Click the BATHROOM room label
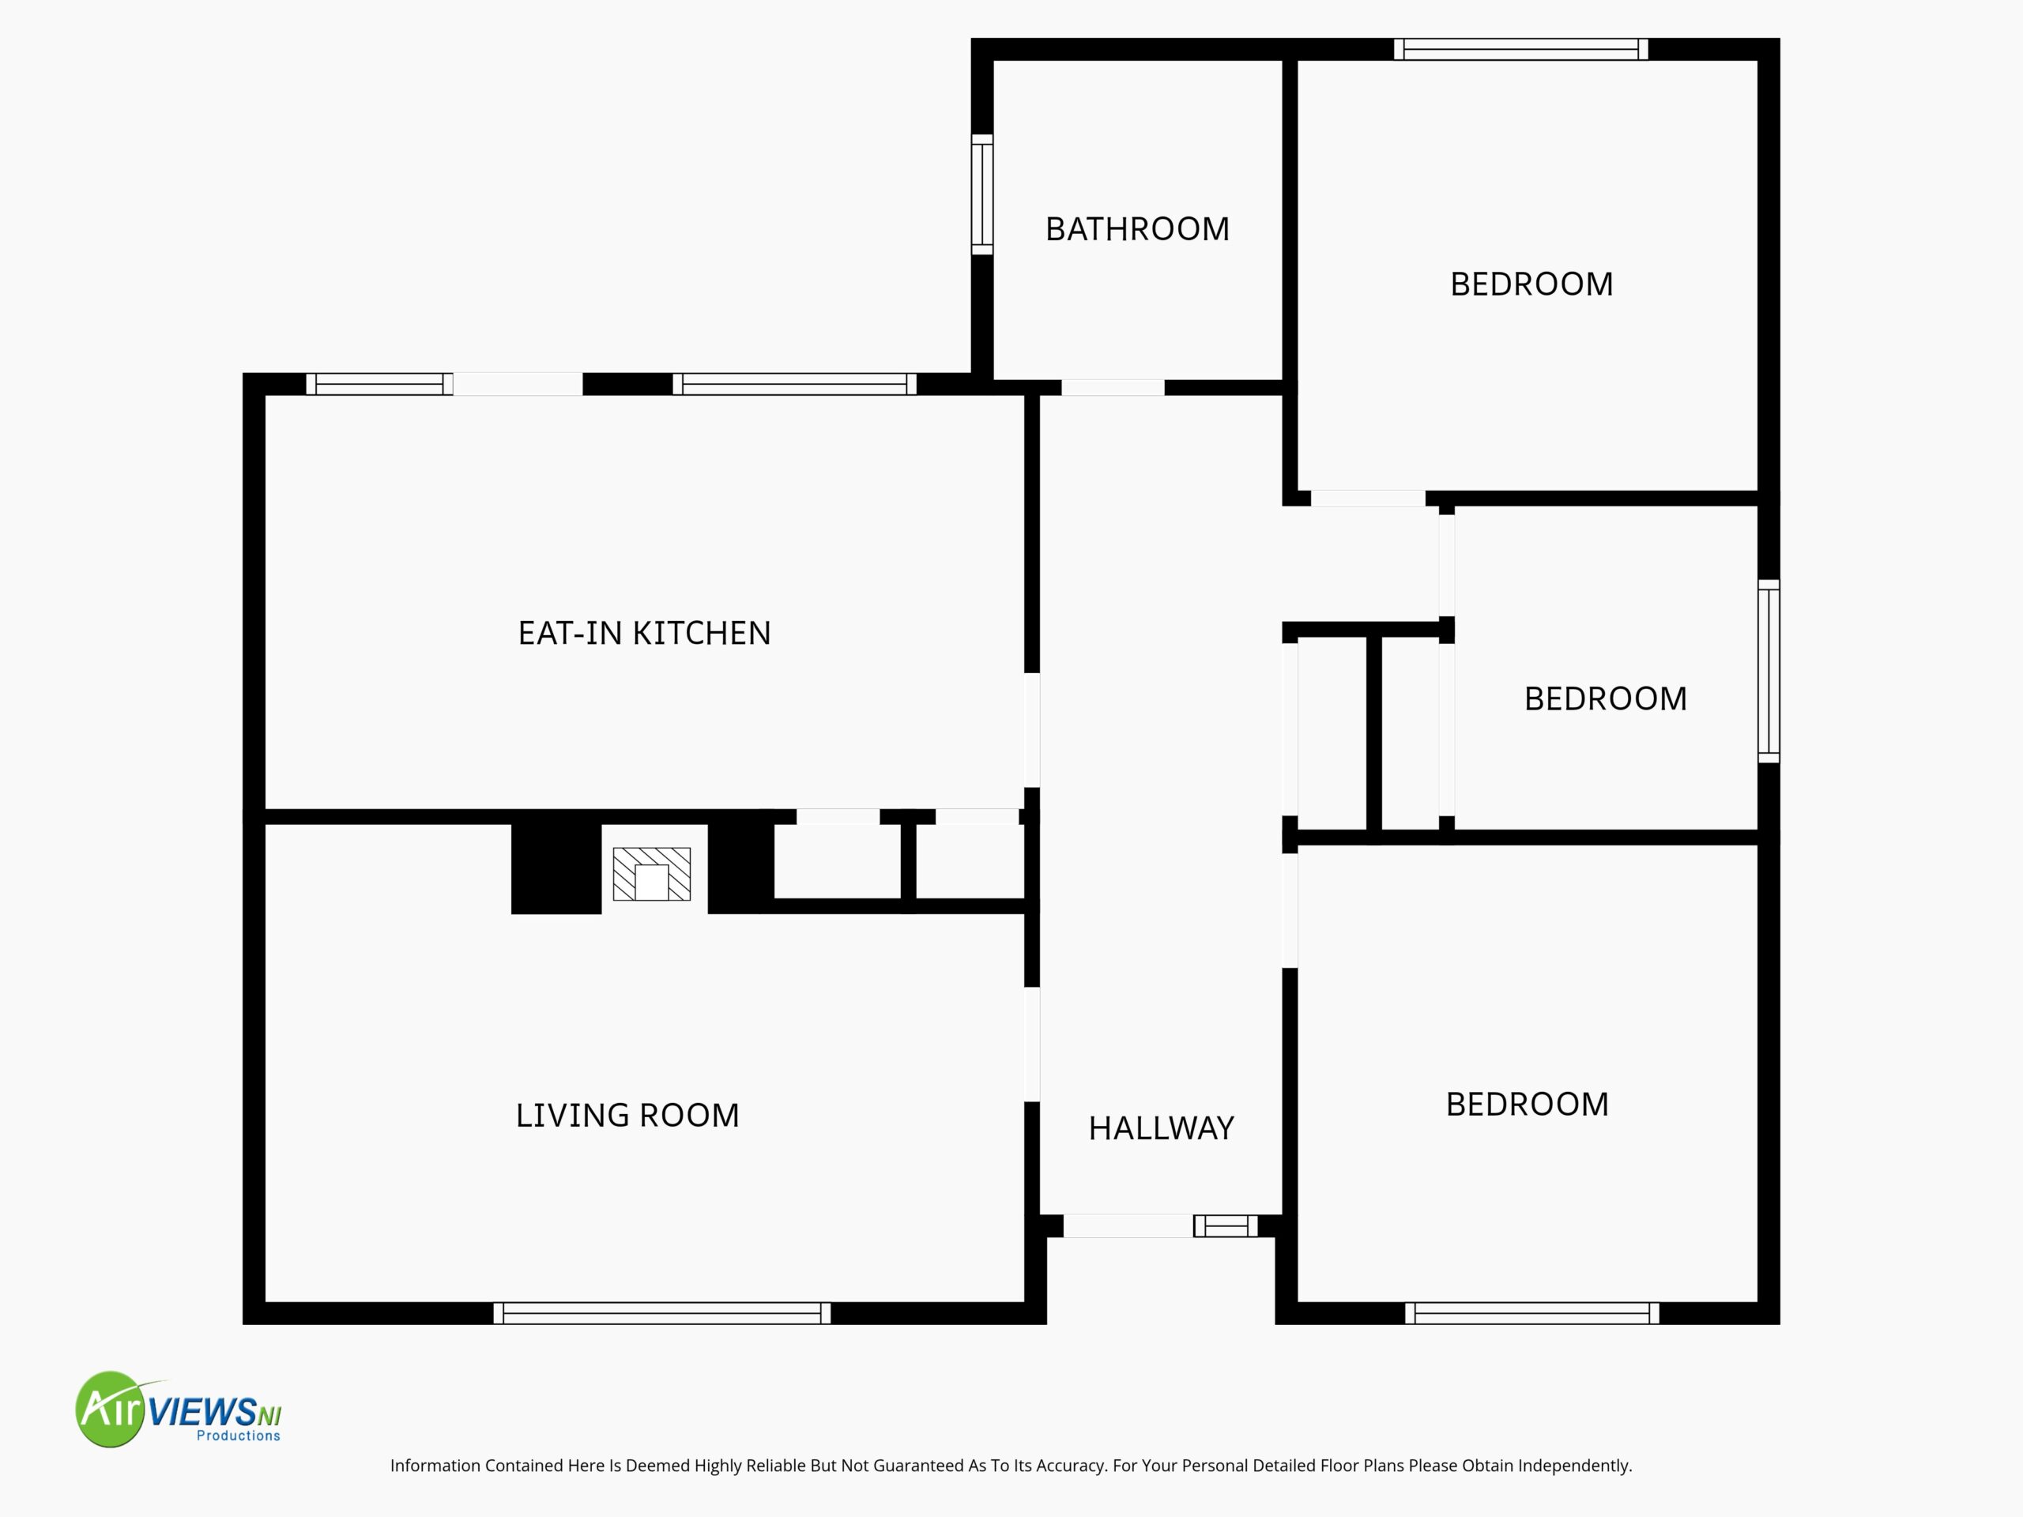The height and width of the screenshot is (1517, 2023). [1137, 228]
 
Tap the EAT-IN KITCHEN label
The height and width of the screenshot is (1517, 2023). [645, 633]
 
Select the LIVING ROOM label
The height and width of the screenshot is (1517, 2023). [627, 1115]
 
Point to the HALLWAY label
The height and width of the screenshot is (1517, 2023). [1161, 1127]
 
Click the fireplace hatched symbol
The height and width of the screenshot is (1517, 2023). [652, 874]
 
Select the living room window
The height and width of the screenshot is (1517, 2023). [662, 1313]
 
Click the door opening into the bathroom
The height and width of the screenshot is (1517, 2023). [1113, 388]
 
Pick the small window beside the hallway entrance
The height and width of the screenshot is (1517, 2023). [1226, 1225]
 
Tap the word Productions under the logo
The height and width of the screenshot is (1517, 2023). [239, 1436]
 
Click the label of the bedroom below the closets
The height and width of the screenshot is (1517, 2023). [1528, 1104]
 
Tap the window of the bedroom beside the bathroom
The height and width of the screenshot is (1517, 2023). [1521, 49]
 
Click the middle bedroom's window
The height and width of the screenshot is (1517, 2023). [1769, 671]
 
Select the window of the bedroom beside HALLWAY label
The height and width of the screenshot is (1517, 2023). [1532, 1313]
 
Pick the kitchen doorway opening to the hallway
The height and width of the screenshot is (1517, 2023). [1031, 730]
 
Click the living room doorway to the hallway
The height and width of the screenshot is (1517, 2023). [1031, 1045]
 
